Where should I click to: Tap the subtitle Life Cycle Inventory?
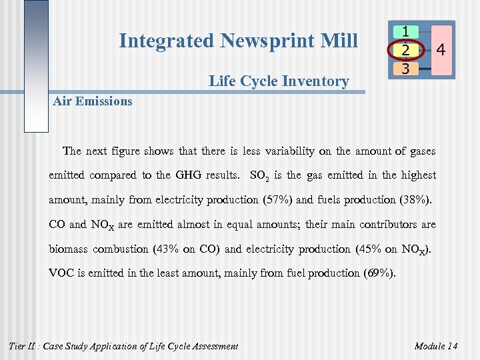(x=278, y=81)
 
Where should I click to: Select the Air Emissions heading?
(x=92, y=101)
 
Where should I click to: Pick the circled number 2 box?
(x=406, y=50)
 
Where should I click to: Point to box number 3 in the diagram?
(x=406, y=68)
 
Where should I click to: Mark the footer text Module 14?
(x=436, y=346)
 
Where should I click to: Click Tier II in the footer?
(x=22, y=346)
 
